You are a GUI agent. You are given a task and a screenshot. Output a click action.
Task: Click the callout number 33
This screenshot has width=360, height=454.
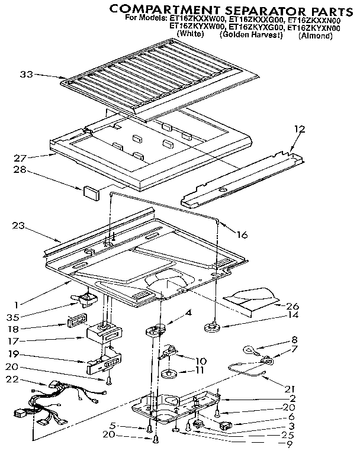pyautogui.click(x=26, y=75)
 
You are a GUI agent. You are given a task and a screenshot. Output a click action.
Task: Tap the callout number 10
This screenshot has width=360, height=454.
pyautogui.click(x=201, y=360)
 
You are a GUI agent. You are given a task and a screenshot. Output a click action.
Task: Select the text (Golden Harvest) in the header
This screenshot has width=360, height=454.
pyautogui.click(x=251, y=35)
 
